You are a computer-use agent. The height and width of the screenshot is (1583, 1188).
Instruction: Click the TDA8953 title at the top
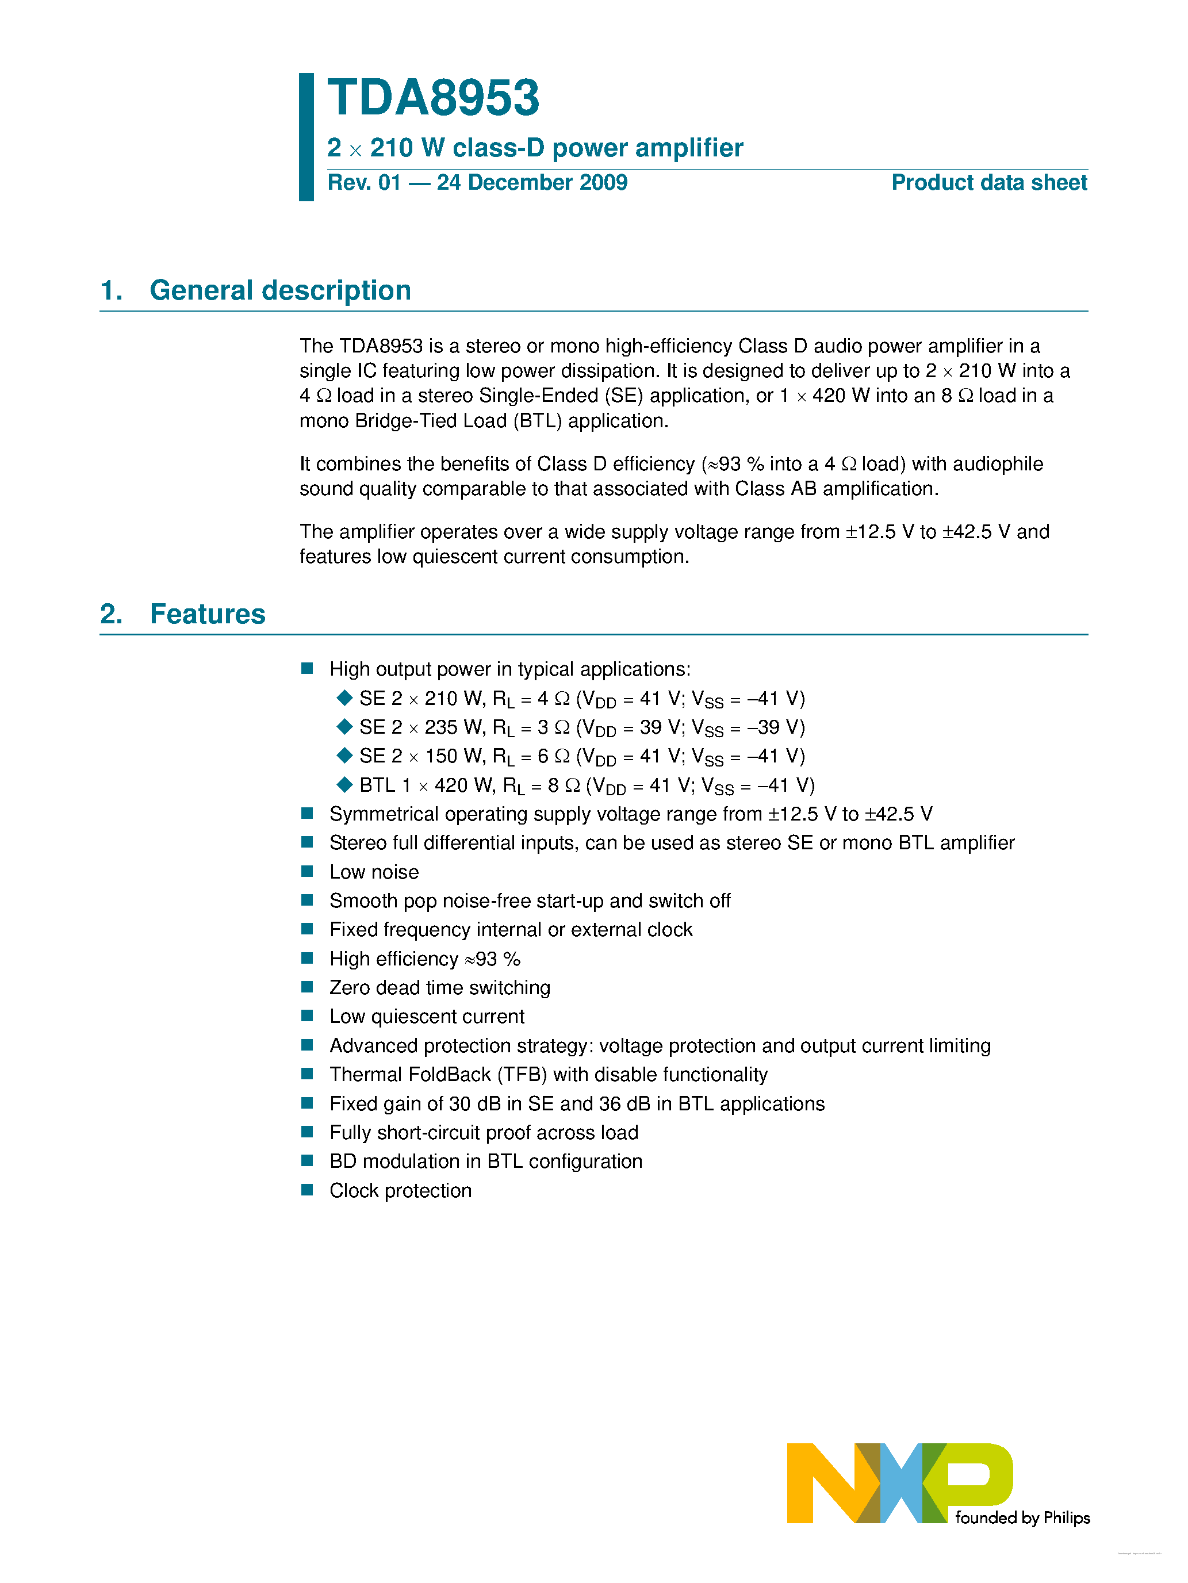433,98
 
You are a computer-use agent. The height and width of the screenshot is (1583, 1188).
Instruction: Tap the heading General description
280,290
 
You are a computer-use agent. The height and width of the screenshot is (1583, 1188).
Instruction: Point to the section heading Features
208,614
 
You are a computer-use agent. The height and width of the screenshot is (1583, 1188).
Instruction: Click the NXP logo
899,1483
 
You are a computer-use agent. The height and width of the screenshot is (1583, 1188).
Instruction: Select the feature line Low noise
374,872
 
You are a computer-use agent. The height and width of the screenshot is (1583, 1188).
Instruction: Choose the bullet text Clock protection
400,1191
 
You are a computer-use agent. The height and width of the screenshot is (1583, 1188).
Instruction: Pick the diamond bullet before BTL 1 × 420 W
344,785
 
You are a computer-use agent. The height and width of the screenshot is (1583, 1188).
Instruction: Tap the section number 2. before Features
111,614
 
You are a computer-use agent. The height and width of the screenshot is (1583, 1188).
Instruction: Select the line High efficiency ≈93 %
424,959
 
